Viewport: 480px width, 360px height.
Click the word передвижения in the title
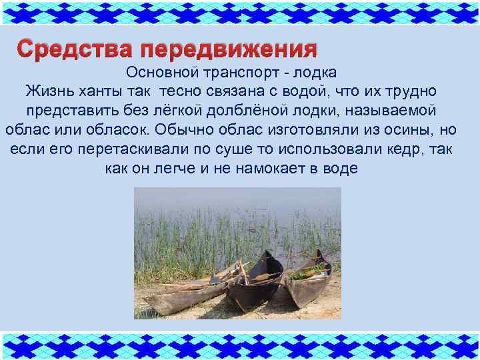pyautogui.click(x=229, y=49)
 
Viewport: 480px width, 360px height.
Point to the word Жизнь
pyautogui.click(x=49, y=91)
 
